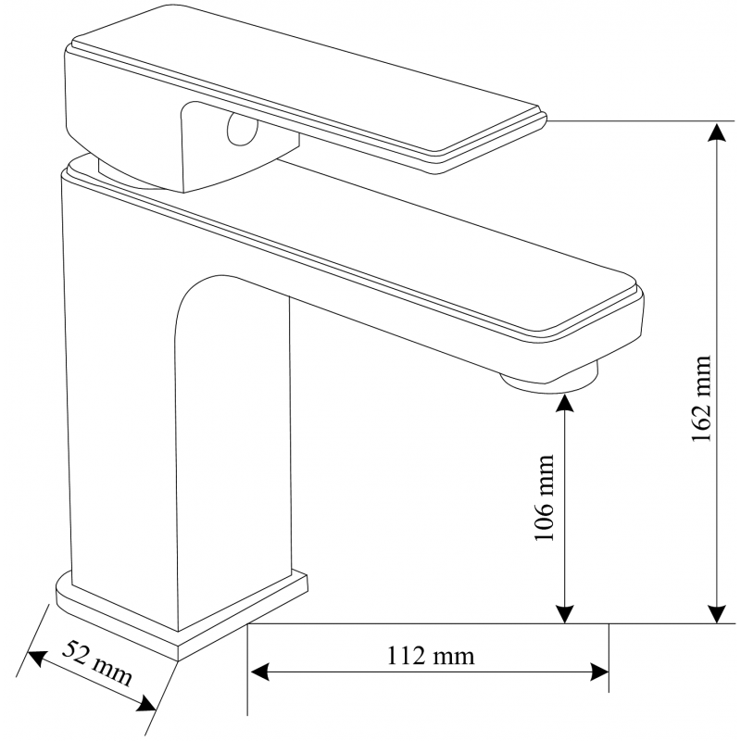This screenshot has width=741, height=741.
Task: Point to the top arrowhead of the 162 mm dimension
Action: tap(716, 132)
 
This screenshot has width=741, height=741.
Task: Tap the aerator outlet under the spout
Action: tap(550, 380)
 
